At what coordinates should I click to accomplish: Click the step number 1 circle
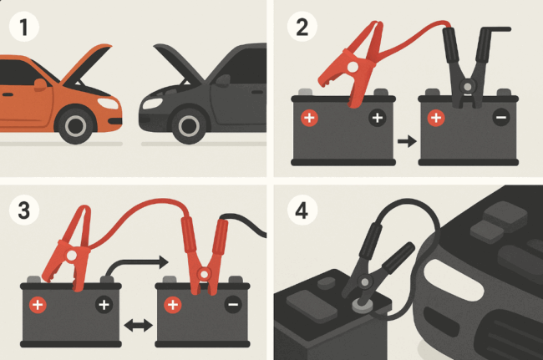click(x=24, y=27)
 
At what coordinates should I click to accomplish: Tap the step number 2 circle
click(x=302, y=27)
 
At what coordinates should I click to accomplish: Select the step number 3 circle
click(x=24, y=210)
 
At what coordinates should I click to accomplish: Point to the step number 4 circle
click(x=302, y=210)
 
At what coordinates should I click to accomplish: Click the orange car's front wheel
click(x=75, y=125)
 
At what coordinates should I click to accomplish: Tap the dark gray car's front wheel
click(x=189, y=125)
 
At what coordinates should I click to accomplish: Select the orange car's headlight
click(x=108, y=104)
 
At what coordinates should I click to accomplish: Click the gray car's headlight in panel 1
click(x=152, y=103)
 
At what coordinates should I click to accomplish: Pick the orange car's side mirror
click(x=40, y=85)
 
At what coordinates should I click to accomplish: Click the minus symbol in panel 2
click(x=501, y=118)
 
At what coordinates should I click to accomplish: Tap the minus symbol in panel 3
click(x=233, y=305)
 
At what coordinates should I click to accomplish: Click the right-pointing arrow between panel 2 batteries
click(x=408, y=141)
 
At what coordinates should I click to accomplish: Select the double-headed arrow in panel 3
click(x=138, y=326)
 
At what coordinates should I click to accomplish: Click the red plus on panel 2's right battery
click(x=436, y=118)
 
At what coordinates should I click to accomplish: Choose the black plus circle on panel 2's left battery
click(x=378, y=118)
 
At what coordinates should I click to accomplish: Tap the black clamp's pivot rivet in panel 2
click(x=468, y=86)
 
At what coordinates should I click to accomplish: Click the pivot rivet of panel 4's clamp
click(x=364, y=282)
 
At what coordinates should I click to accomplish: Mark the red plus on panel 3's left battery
click(x=38, y=305)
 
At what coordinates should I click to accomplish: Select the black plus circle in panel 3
click(x=104, y=305)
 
